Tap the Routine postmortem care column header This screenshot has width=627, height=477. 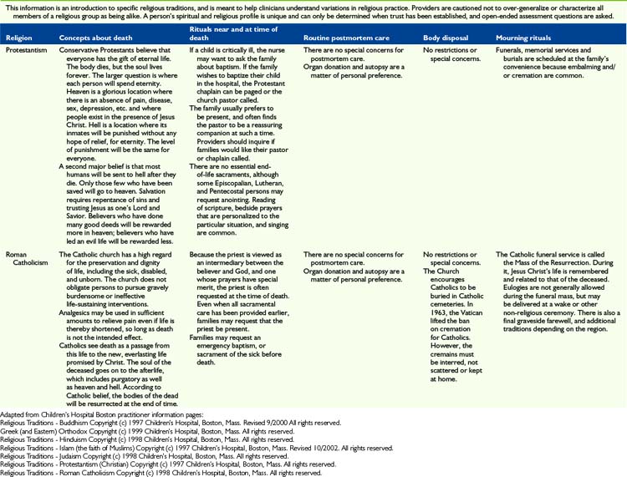(x=344, y=38)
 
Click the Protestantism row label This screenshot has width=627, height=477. (x=28, y=50)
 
